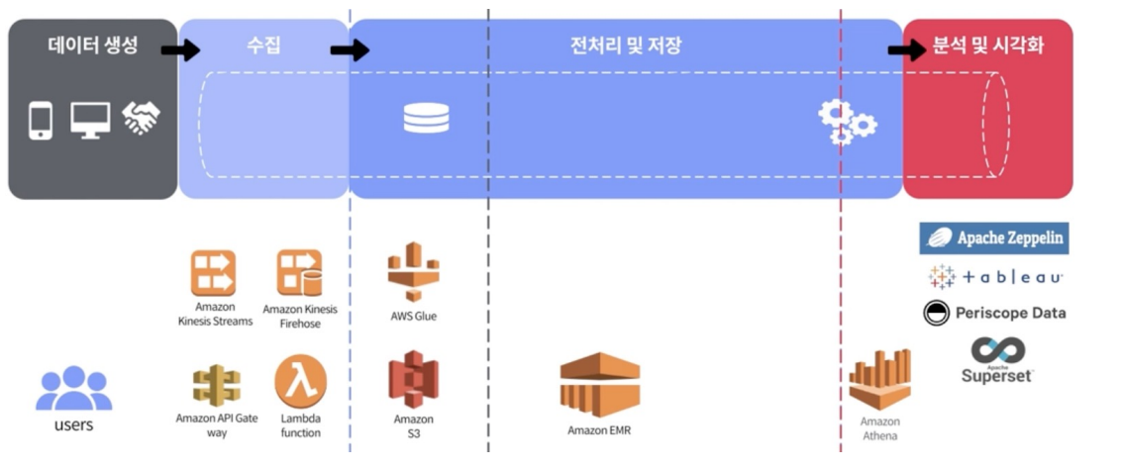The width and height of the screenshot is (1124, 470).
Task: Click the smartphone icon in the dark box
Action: point(41,120)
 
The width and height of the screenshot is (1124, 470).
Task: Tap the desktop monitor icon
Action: point(90,120)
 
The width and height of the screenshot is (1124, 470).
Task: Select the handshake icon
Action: point(141,119)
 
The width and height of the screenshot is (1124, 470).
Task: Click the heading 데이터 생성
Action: point(93,46)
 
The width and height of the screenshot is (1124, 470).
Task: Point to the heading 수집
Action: point(263,46)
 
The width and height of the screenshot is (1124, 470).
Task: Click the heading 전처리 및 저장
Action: point(625,46)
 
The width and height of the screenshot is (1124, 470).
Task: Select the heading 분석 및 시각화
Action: point(987,46)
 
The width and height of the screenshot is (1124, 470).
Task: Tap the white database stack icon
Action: point(426,119)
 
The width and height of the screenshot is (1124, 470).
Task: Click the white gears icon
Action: point(847,122)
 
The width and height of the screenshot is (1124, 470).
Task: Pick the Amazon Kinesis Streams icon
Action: point(213,273)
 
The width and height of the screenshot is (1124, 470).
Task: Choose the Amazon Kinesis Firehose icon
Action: point(299,273)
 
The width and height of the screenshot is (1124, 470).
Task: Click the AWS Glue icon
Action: point(413,271)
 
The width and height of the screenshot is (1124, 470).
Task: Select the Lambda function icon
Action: point(300,382)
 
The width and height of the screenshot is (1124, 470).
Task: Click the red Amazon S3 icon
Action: point(413,380)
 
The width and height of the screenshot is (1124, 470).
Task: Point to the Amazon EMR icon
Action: point(599,385)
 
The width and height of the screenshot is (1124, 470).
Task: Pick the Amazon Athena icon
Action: point(878,380)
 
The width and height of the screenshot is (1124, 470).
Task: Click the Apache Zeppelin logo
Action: point(994,237)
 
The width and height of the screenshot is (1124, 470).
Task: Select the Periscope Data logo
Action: point(994,313)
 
